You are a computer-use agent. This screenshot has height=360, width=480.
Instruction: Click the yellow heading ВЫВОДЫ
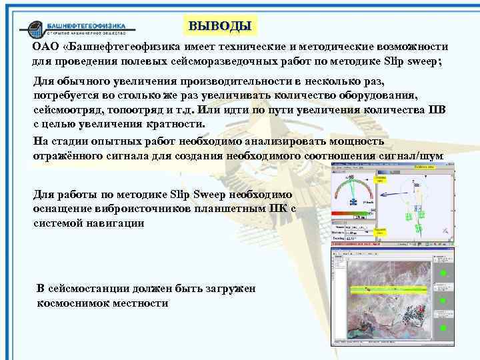(220, 27)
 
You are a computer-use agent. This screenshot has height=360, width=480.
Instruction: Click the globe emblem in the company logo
(33, 29)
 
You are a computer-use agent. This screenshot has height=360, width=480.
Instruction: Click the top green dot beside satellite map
(442, 274)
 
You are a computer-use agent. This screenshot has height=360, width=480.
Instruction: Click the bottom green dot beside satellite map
(442, 328)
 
